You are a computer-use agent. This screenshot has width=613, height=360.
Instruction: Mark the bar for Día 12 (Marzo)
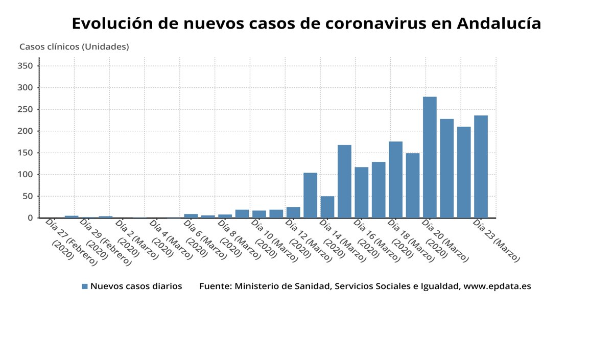point(293,212)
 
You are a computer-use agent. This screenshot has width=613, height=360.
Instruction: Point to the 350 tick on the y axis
point(25,66)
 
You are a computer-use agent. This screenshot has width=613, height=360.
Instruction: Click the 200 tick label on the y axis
point(25,131)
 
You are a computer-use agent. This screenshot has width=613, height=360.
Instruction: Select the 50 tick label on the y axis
point(28,196)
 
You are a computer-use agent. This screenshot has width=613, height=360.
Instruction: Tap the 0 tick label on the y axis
point(31,218)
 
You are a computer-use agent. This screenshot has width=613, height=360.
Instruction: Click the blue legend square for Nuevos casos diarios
point(85,286)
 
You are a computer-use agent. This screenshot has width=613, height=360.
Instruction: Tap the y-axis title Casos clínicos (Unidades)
point(74,46)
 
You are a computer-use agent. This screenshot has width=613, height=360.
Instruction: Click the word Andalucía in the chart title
point(499,23)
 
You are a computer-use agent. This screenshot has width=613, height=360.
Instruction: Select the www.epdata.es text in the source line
point(497,286)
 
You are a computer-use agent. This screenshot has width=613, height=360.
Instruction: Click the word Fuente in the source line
point(214,286)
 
